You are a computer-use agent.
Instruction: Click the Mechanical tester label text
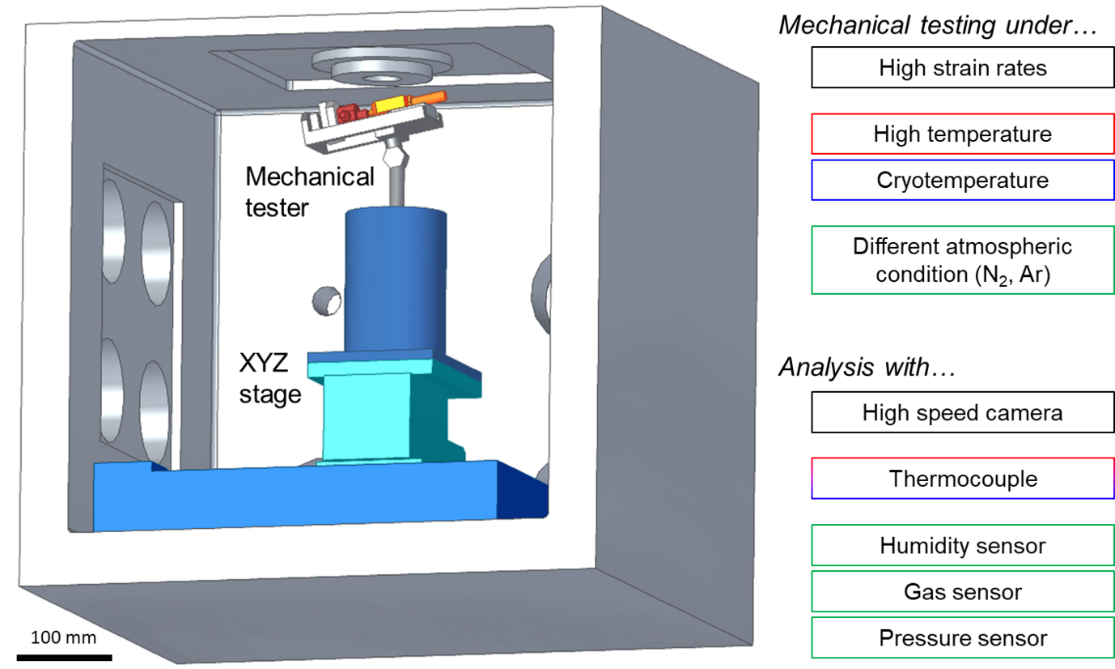[309, 192]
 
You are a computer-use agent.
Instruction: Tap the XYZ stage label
[270, 379]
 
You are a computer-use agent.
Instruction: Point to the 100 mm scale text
[64, 637]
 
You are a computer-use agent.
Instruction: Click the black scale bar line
[64, 656]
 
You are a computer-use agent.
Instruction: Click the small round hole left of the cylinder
[327, 300]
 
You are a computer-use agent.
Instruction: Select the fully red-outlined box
[962, 134]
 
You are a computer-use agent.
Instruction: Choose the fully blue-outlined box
[962, 180]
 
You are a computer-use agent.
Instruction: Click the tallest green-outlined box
[962, 260]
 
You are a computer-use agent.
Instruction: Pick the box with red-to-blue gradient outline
[962, 478]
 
